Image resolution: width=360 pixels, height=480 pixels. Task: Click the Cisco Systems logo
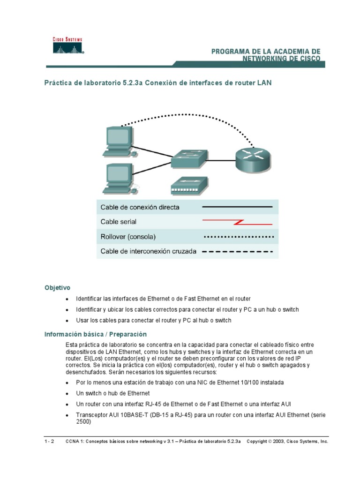[67, 46]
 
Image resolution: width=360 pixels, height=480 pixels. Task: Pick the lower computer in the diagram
[118, 178]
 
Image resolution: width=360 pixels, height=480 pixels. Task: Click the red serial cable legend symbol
[237, 221]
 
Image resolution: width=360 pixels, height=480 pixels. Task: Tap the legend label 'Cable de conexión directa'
[140, 207]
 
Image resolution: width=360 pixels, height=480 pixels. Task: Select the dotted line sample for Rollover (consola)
[237, 237]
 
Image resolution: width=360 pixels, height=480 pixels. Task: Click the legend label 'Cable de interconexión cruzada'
[148, 251]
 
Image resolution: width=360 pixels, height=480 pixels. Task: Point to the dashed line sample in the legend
[237, 252]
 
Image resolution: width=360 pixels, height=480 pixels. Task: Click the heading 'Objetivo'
[57, 287]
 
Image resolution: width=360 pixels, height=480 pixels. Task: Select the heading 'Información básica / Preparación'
[95, 334]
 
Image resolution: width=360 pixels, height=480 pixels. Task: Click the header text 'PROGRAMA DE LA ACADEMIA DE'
[266, 51]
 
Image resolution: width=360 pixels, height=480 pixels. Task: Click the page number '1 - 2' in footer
[50, 442]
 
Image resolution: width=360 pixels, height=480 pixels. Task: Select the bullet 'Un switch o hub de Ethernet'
[112, 393]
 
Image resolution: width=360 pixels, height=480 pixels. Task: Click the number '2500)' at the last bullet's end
[83, 421]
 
